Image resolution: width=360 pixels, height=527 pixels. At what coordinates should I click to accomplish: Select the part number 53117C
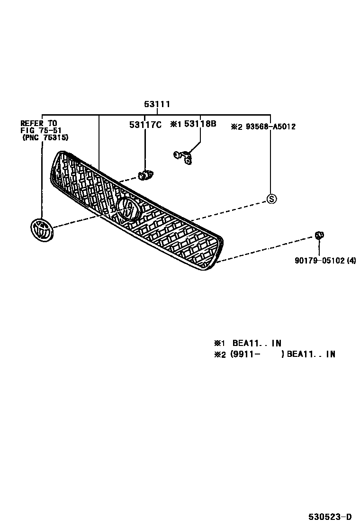click(x=145, y=125)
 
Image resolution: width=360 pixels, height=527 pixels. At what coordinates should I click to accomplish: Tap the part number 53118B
click(x=200, y=124)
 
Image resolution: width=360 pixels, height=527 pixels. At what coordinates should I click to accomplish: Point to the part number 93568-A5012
click(x=270, y=127)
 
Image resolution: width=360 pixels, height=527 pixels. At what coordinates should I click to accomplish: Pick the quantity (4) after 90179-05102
click(x=351, y=260)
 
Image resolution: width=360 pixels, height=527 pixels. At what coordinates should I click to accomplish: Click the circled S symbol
click(x=271, y=199)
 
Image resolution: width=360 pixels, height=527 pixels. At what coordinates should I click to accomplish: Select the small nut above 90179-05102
click(x=319, y=235)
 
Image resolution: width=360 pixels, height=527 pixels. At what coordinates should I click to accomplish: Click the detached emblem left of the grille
click(x=41, y=231)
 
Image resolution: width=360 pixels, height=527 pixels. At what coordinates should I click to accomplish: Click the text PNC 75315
click(x=45, y=138)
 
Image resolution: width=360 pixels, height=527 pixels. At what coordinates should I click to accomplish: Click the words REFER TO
click(x=39, y=123)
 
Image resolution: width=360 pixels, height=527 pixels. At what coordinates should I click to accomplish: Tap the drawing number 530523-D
click(x=331, y=517)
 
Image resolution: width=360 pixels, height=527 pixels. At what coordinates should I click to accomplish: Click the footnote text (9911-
click(x=245, y=354)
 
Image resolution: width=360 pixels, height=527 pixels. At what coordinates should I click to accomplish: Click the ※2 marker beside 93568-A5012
click(x=236, y=127)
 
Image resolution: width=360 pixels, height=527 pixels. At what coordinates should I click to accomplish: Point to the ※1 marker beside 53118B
click(x=176, y=124)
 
